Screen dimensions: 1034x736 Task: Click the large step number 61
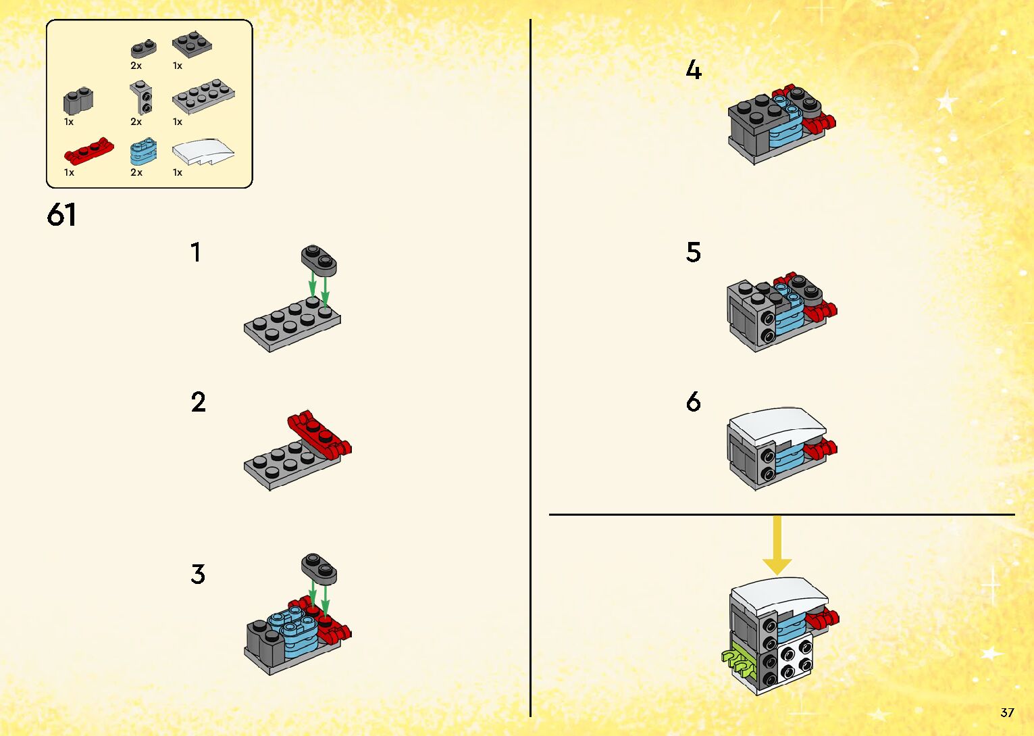tap(61, 216)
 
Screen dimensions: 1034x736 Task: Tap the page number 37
tap(1007, 712)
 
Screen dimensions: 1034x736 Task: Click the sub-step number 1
tap(196, 252)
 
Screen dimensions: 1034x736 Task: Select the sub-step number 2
tap(198, 402)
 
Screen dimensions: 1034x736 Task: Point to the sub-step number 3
tap(198, 574)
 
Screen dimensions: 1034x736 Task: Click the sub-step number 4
tap(694, 70)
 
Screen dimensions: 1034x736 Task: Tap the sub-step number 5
tap(694, 252)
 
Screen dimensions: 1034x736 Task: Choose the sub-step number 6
tap(694, 402)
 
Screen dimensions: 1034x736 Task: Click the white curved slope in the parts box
tap(203, 151)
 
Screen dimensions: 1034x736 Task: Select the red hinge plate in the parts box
tap(89, 151)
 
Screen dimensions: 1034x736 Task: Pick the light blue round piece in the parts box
tap(144, 151)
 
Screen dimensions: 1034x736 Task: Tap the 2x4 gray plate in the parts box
tap(203, 96)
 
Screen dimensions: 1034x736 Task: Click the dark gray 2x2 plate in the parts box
tap(192, 45)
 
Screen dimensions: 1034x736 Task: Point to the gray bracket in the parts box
tap(141, 98)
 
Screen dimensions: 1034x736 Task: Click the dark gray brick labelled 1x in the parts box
tap(78, 100)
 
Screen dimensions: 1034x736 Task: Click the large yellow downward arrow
tap(777, 545)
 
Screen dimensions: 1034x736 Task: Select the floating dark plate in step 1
tap(319, 261)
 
